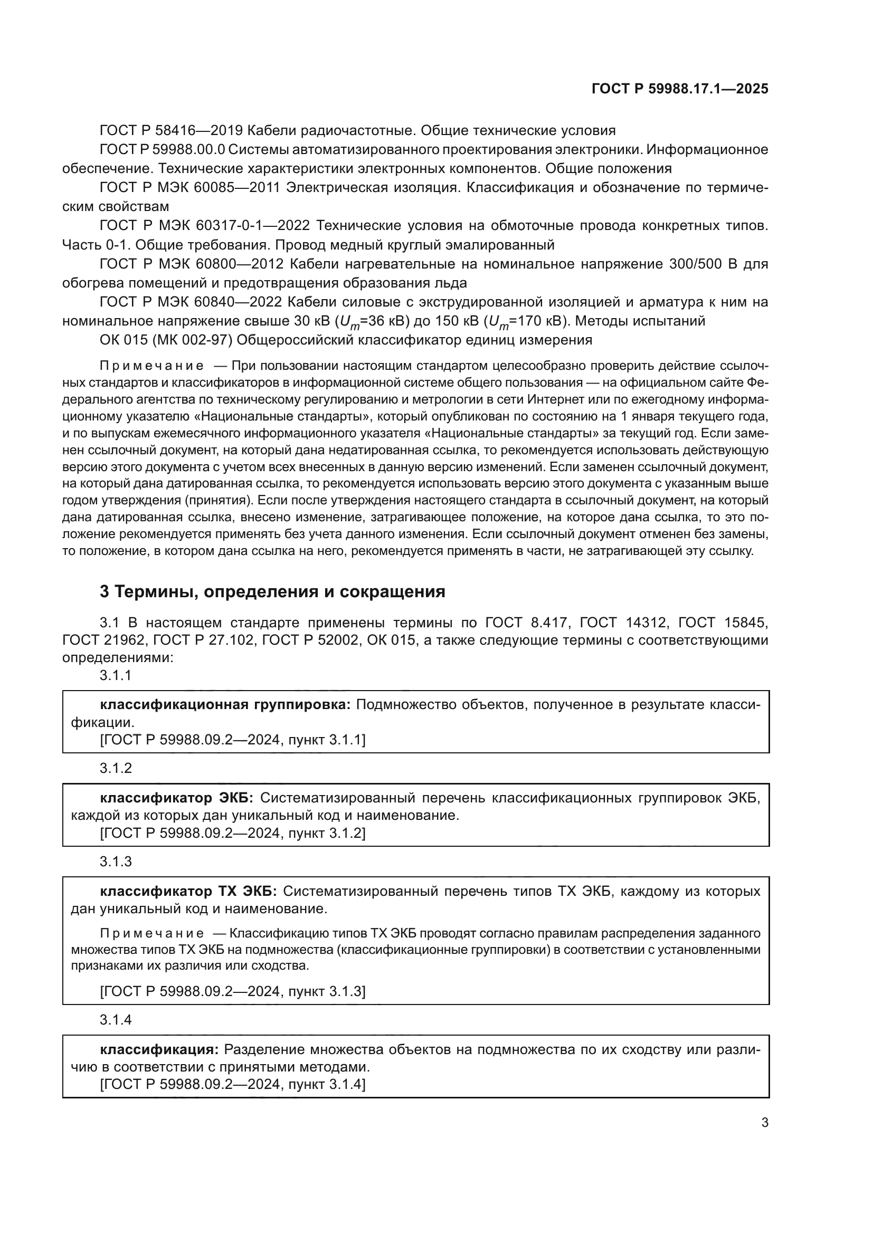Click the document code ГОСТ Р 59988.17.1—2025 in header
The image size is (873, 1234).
coord(679,89)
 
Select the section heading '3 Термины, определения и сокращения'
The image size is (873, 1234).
coord(272,592)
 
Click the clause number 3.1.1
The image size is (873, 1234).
coord(116,676)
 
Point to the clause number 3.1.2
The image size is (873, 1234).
coord(116,768)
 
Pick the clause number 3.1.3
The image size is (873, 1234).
coord(116,862)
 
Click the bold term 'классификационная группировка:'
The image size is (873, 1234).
coord(225,705)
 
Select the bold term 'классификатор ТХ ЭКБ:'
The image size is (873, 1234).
coord(188,891)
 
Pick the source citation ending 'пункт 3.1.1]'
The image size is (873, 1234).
coord(232,740)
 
